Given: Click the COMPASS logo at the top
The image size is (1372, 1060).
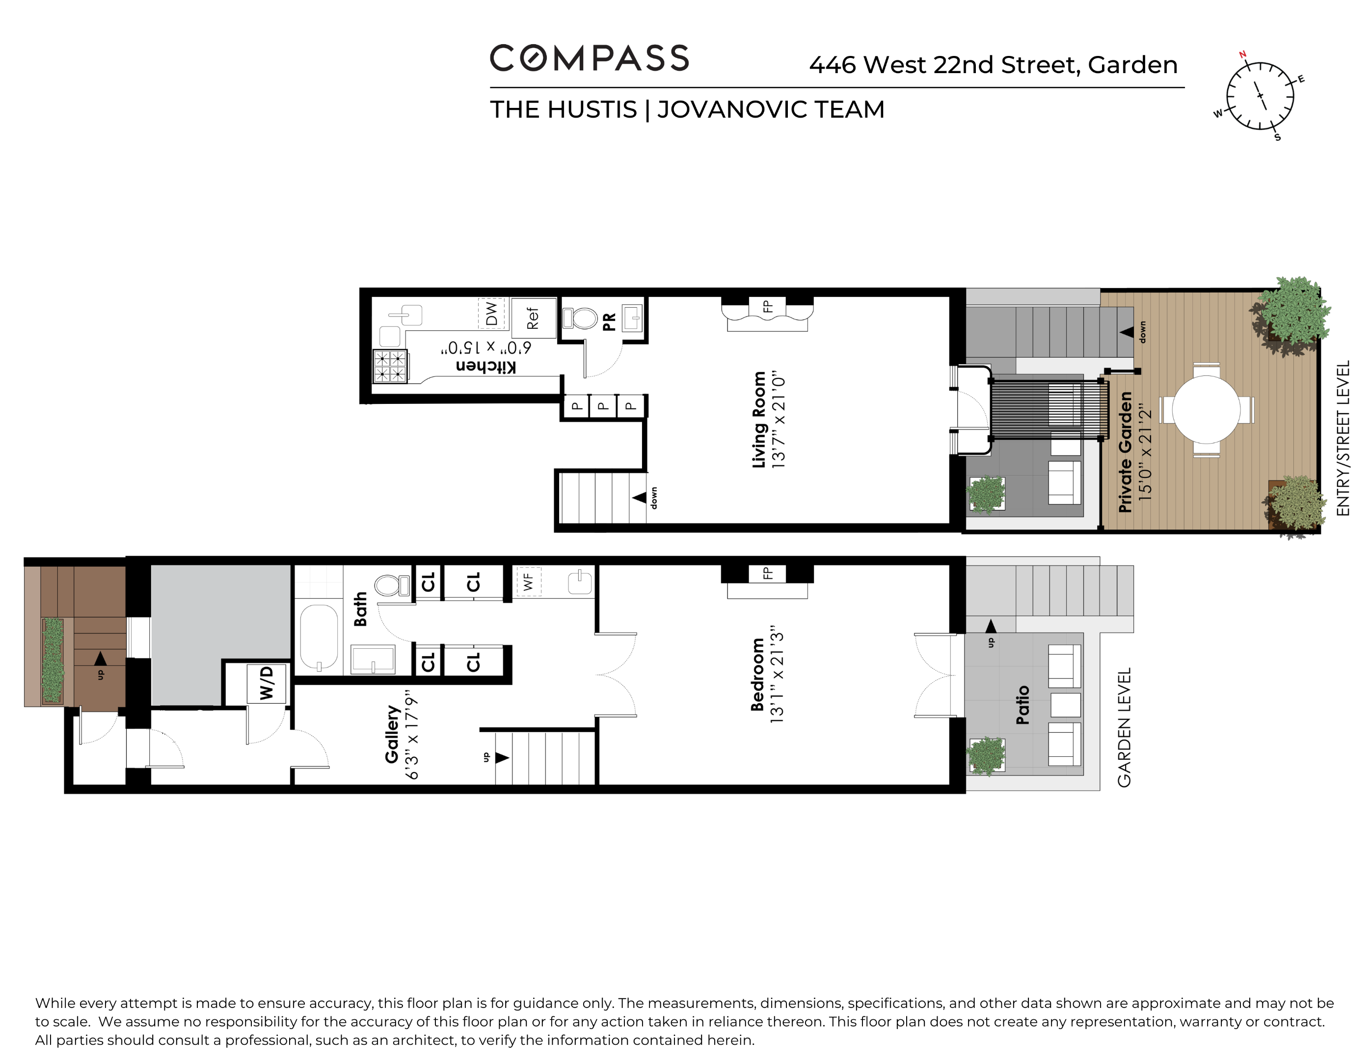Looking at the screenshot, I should (589, 58).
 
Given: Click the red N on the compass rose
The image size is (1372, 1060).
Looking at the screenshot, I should (1242, 54).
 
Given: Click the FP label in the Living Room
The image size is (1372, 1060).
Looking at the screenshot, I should (767, 306).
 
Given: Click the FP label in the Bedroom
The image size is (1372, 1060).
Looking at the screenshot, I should (767, 573).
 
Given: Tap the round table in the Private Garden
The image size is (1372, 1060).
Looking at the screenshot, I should (1206, 409).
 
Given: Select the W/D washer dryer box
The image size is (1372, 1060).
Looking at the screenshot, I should (267, 683).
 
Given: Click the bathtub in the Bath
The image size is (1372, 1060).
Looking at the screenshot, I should (319, 637).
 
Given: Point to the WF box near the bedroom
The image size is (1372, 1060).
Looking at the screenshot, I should (528, 582).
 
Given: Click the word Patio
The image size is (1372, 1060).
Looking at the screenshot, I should (1022, 705).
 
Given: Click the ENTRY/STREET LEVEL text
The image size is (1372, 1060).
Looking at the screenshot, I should (1343, 438).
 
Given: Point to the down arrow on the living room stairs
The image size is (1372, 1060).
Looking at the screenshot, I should (640, 497).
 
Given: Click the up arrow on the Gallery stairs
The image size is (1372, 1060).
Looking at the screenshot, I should (502, 757).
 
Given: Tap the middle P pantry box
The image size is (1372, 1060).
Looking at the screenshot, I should (603, 406).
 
